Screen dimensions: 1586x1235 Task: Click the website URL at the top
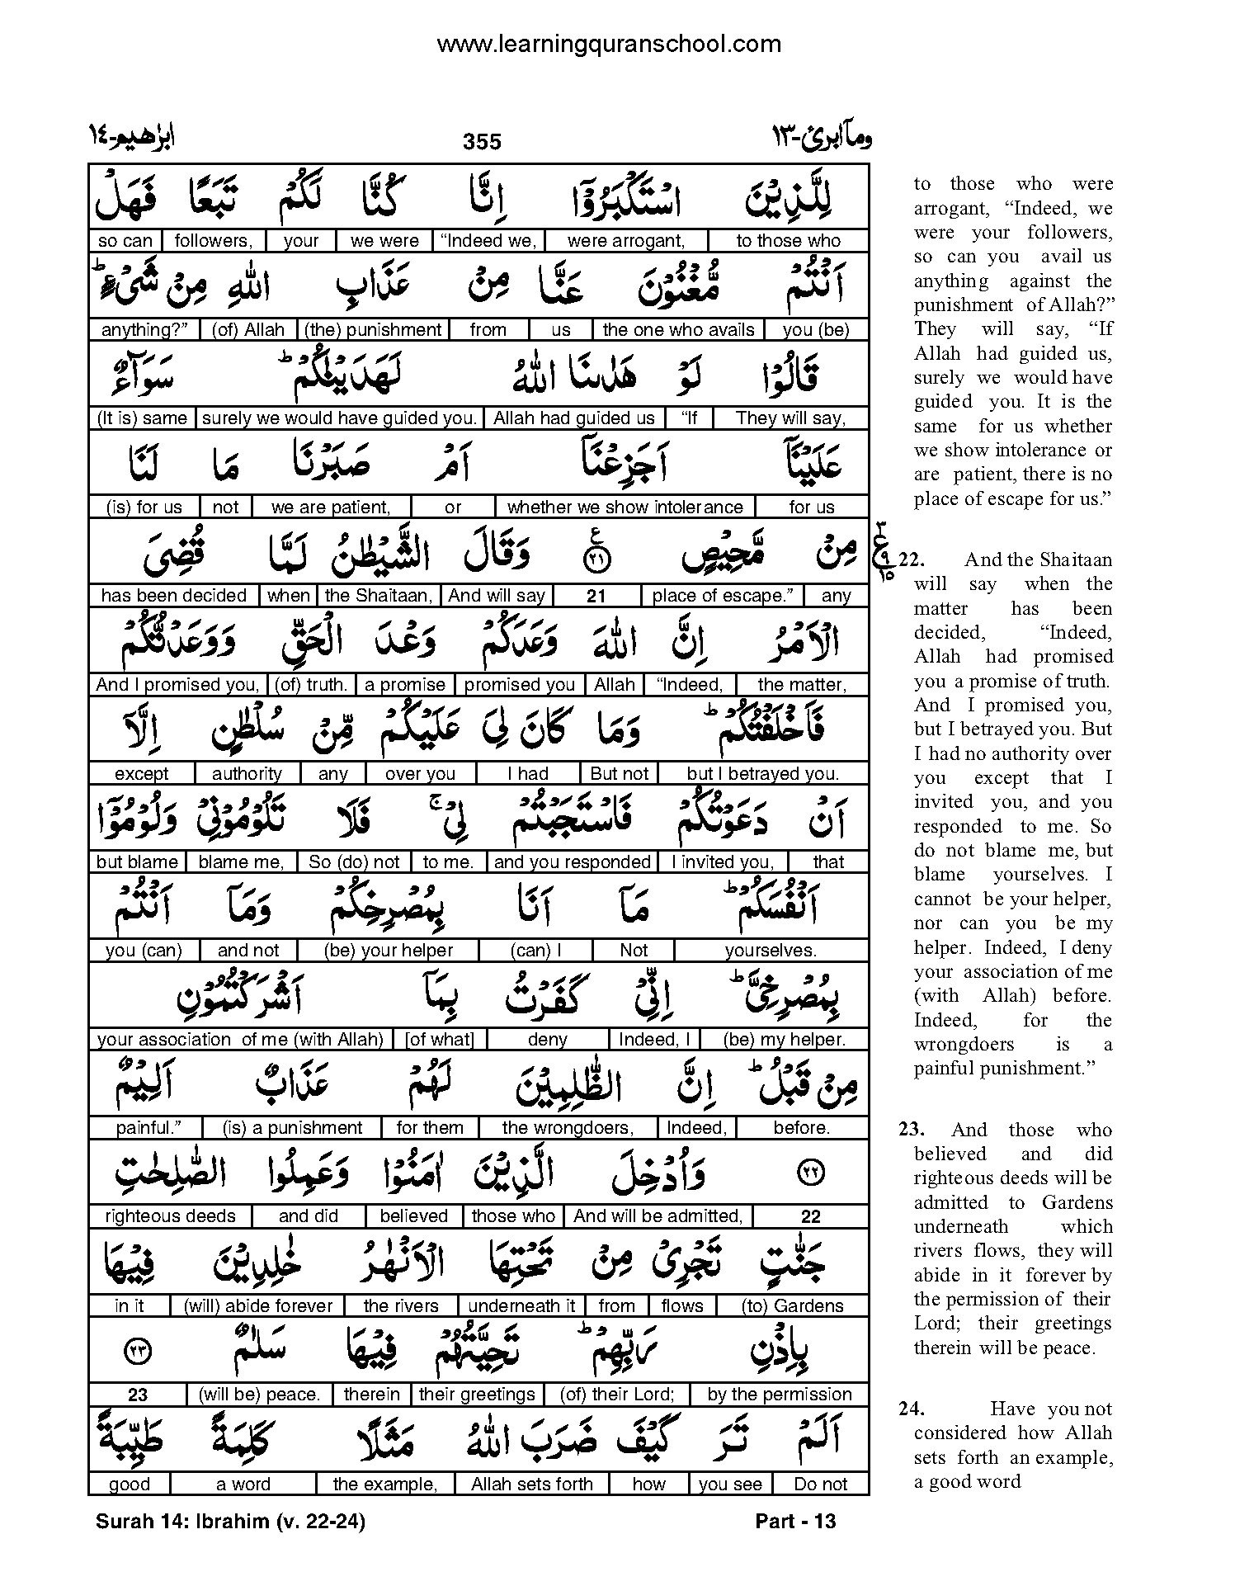(608, 45)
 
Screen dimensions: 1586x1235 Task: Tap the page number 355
(482, 142)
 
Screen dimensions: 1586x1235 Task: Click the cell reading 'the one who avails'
(678, 330)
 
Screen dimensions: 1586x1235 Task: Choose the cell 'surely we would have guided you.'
(339, 418)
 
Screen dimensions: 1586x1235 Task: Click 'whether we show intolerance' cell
(625, 507)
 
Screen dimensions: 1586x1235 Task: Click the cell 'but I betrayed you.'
(762, 774)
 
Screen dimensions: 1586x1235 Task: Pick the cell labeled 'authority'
(247, 774)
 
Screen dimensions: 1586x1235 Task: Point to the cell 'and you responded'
(572, 862)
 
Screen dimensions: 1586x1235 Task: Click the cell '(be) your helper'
(389, 951)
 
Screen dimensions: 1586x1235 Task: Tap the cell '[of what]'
(440, 1040)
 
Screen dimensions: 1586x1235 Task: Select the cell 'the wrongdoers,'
(568, 1128)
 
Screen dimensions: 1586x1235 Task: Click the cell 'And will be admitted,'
(658, 1216)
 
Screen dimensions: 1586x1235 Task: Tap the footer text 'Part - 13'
(795, 1521)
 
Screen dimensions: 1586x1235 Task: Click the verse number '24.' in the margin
(912, 1409)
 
